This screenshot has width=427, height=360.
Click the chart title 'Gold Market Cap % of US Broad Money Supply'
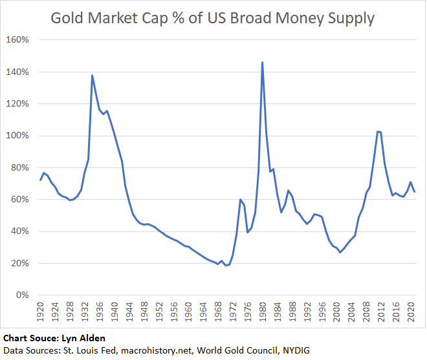(213, 18)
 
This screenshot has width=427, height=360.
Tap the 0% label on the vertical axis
(23, 295)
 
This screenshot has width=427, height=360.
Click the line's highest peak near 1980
(262, 63)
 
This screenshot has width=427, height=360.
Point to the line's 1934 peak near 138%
(92, 76)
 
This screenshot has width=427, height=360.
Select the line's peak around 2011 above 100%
(377, 132)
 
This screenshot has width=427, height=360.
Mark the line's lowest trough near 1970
(225, 266)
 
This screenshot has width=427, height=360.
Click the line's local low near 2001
(340, 252)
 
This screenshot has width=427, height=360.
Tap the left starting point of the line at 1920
(40, 180)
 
